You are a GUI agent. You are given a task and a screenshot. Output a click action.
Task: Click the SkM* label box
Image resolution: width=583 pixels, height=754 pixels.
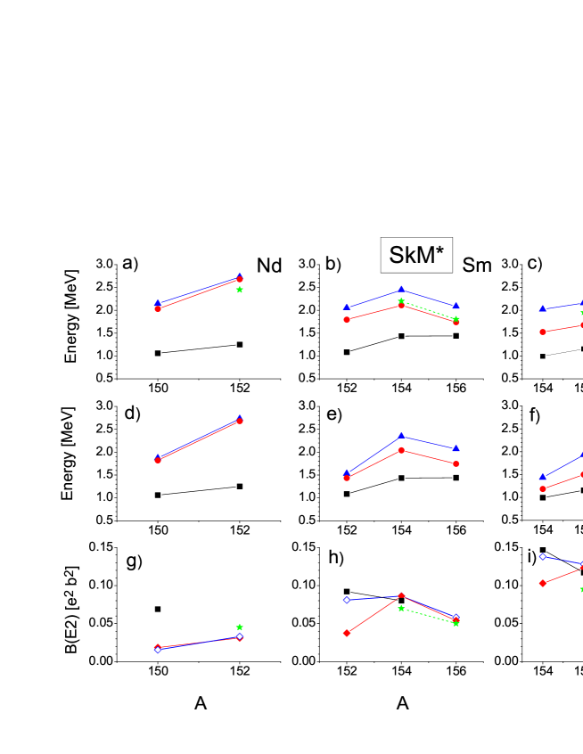[x=416, y=256]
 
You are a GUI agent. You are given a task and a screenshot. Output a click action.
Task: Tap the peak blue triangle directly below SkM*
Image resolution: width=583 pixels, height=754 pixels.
[x=401, y=289]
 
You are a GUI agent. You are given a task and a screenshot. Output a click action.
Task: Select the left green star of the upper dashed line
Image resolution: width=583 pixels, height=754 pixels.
[x=401, y=301]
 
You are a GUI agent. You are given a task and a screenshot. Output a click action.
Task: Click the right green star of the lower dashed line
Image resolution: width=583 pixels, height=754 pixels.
[x=456, y=624]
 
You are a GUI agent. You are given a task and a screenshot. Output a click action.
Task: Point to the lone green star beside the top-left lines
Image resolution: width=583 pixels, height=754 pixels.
[x=240, y=290]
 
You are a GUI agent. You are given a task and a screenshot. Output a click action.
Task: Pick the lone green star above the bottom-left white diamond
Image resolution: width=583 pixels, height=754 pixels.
[x=240, y=627]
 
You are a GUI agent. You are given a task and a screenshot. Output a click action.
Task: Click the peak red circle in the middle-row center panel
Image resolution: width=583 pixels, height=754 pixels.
[x=401, y=451]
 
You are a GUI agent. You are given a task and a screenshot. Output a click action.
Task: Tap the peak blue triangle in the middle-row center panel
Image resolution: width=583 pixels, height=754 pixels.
[x=401, y=436]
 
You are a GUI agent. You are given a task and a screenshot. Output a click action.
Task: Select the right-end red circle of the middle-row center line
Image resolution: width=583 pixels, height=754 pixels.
[x=456, y=463]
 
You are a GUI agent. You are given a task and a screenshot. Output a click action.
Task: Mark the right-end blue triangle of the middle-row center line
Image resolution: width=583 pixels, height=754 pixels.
[x=456, y=448]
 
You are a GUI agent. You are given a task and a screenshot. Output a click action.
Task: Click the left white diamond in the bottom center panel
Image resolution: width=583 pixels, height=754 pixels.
[x=347, y=600]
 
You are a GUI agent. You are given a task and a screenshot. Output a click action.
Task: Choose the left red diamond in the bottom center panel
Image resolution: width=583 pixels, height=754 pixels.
[x=347, y=633]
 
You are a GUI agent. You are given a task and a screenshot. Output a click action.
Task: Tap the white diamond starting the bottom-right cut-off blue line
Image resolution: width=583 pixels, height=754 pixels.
[x=543, y=556]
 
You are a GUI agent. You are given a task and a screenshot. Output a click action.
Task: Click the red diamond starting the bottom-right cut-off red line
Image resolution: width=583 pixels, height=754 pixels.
[x=543, y=583]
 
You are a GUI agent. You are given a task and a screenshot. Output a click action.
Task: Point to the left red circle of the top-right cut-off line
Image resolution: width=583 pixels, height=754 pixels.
[x=543, y=332]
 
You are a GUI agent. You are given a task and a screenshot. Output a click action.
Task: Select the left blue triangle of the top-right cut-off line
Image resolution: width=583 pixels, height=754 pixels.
[x=543, y=308]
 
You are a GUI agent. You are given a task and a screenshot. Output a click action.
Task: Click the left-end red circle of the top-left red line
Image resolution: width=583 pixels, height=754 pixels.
[x=158, y=308]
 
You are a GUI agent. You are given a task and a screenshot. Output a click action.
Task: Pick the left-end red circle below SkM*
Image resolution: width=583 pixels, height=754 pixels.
[x=347, y=319]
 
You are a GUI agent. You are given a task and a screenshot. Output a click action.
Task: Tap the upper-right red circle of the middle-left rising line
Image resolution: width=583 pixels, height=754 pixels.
[x=240, y=421]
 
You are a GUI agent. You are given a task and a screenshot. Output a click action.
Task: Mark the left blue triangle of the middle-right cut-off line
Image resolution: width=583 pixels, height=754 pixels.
[x=543, y=477]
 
